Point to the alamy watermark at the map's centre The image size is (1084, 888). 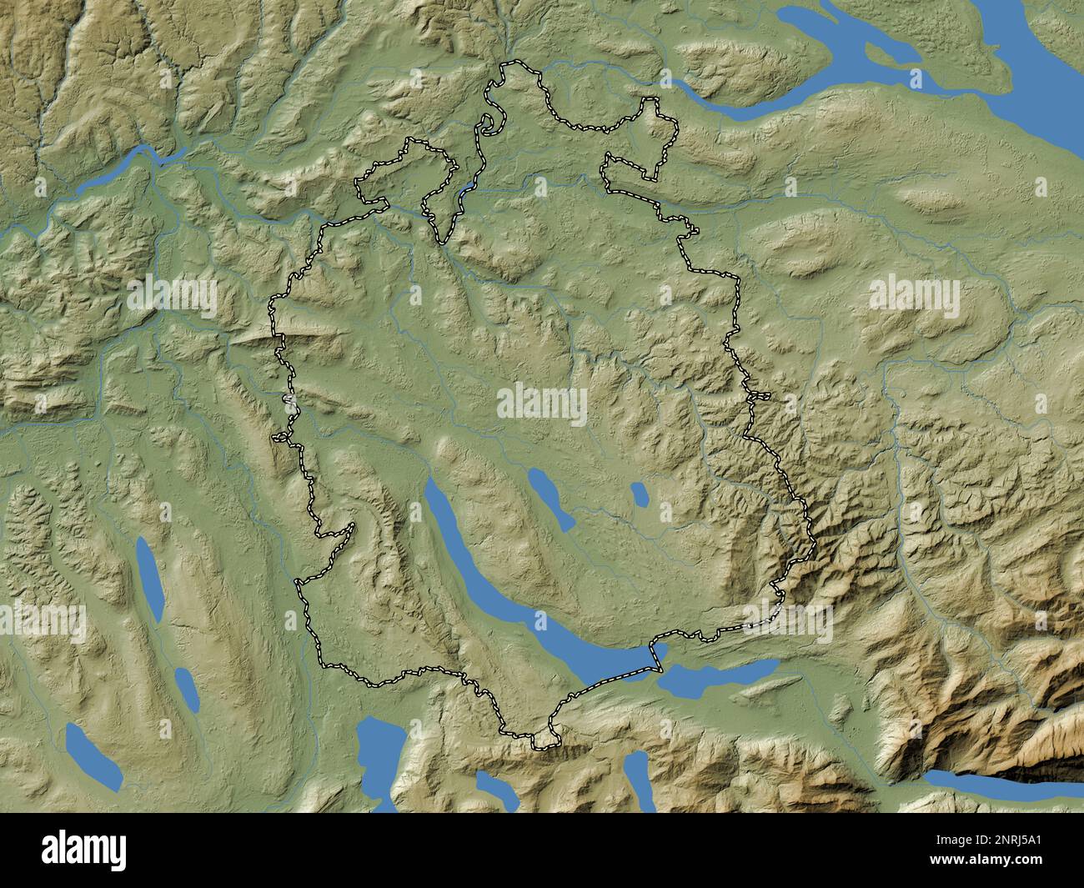tap(542, 404)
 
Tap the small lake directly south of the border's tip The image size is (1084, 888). tap(492, 788)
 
